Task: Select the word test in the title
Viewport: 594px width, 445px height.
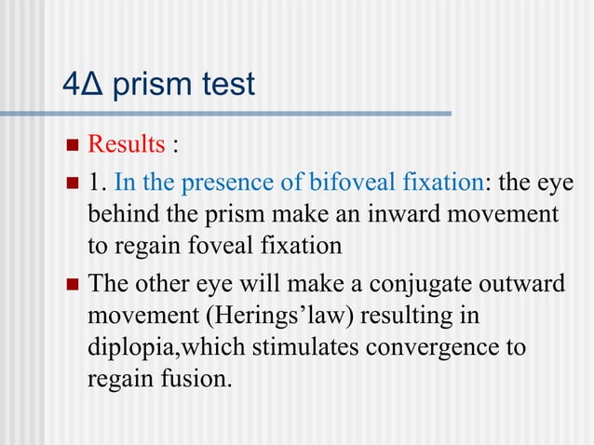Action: click(x=224, y=85)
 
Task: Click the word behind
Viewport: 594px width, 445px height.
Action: click(x=118, y=215)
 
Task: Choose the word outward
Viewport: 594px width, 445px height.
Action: click(x=520, y=283)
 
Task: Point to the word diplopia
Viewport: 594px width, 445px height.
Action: click(x=126, y=348)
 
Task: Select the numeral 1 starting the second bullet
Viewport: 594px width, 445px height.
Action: click(x=94, y=182)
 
